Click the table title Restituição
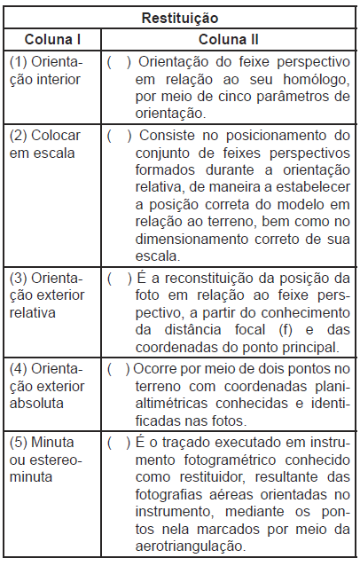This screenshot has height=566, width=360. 180,17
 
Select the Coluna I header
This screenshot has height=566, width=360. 51,40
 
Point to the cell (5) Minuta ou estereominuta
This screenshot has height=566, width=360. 44,458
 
